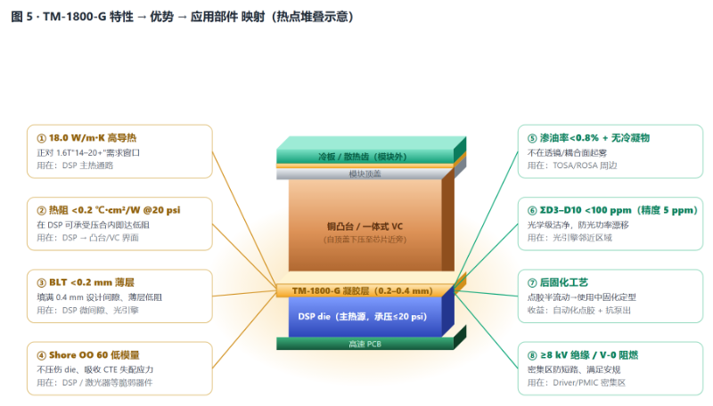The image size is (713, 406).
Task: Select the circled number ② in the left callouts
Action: tap(41, 211)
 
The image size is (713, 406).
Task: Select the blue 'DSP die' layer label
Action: tap(363, 317)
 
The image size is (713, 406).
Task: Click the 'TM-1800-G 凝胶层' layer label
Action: tap(363, 290)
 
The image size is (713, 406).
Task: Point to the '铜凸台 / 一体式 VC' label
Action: tap(365, 226)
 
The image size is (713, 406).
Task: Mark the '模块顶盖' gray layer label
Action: tap(365, 174)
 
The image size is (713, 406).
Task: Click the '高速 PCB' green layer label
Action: tap(365, 345)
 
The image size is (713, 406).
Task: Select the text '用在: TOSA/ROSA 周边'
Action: tap(572, 166)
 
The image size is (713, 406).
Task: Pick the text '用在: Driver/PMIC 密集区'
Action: tap(576, 383)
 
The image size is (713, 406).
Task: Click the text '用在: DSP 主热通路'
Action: tap(75, 166)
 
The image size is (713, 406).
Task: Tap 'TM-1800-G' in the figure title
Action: tap(75, 17)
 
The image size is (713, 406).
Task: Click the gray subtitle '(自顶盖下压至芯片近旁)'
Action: tap(365, 240)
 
